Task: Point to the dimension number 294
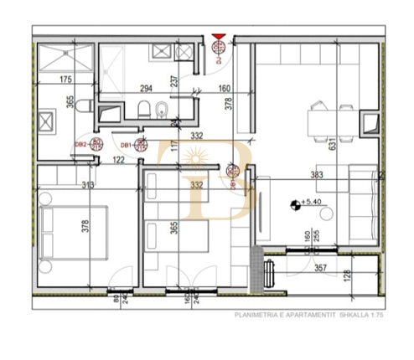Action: [146, 87]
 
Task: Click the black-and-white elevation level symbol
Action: [294, 203]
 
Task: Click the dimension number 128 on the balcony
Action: [370, 277]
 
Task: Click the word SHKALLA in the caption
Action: [345, 316]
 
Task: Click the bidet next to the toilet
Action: [163, 110]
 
